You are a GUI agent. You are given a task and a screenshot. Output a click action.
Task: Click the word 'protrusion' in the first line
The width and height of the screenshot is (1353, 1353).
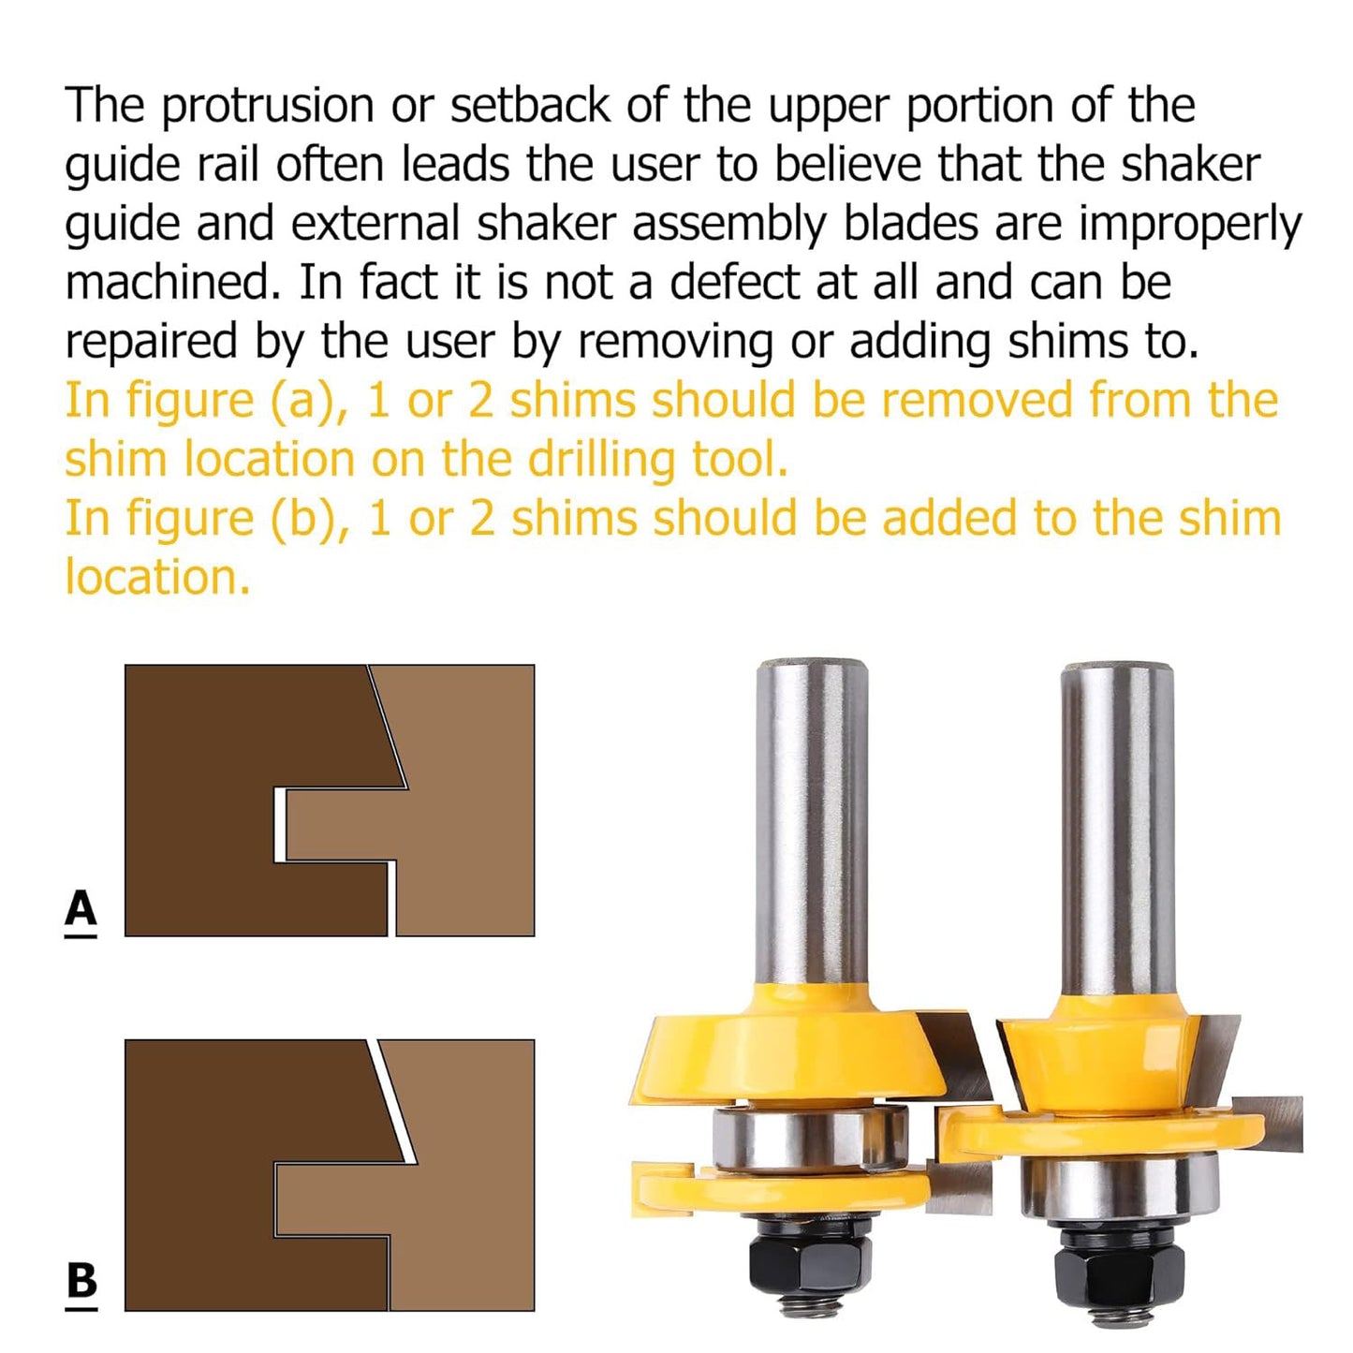pyautogui.click(x=267, y=105)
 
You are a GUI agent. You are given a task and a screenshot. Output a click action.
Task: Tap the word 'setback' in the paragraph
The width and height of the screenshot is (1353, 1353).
pyautogui.click(x=530, y=105)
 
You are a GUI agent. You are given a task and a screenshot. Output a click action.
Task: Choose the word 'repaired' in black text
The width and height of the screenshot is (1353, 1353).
pyautogui.click(x=151, y=343)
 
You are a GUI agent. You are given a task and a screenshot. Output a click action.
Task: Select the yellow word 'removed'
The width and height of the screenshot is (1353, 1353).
pyautogui.click(x=977, y=401)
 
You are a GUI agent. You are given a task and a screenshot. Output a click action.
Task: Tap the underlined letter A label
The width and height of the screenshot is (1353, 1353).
pyautogui.click(x=81, y=909)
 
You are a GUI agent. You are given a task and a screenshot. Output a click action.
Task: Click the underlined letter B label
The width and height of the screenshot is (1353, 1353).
pyautogui.click(x=81, y=1281)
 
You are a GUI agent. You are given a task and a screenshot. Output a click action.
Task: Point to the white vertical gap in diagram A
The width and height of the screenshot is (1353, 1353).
pyautogui.click(x=279, y=824)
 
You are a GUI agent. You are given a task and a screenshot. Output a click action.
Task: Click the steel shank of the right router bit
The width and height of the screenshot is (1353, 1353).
pyautogui.click(x=1117, y=824)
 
